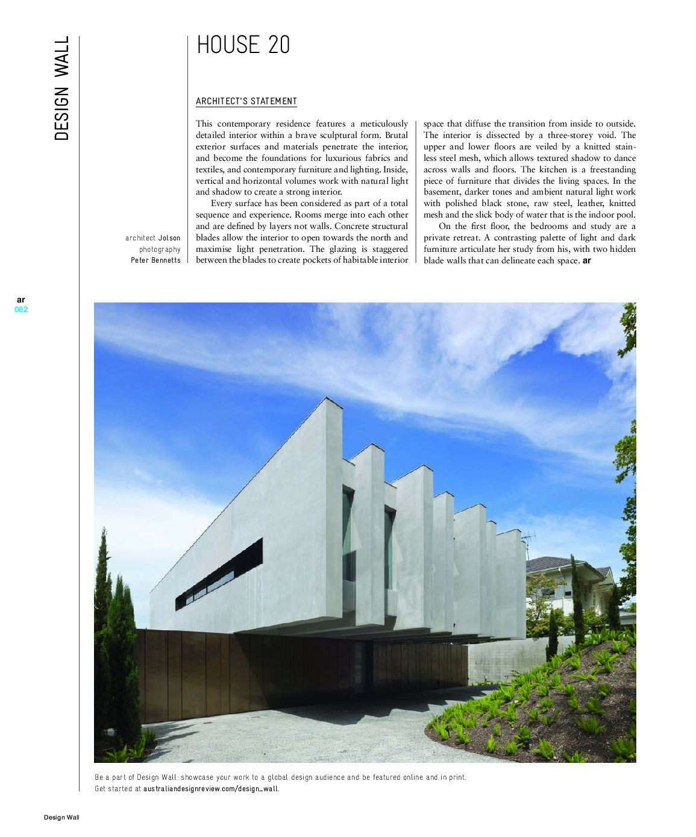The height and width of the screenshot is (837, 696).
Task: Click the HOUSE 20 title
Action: [x=243, y=45]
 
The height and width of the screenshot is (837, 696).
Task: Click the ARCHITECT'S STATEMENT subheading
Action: [x=246, y=101]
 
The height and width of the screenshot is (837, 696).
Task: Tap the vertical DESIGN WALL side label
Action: [x=61, y=89]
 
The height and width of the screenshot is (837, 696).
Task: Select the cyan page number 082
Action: [x=21, y=310]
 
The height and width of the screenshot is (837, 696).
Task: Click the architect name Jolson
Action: [x=169, y=238]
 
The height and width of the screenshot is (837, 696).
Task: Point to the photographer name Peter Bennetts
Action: [x=155, y=260]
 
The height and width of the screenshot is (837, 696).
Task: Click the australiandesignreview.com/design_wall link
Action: [x=211, y=788]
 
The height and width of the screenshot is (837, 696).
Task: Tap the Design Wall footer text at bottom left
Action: [x=61, y=818]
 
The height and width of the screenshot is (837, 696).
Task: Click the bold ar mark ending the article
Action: [x=587, y=261]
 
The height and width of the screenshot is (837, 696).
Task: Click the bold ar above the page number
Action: [x=21, y=299]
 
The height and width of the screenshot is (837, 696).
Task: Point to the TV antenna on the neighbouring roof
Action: [x=528, y=538]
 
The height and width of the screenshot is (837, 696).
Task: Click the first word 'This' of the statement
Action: [x=204, y=124]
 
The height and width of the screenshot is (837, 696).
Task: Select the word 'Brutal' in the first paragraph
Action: [x=396, y=136]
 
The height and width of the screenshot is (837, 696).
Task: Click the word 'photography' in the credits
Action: [x=160, y=249]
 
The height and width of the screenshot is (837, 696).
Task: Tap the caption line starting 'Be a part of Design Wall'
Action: [x=280, y=777]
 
